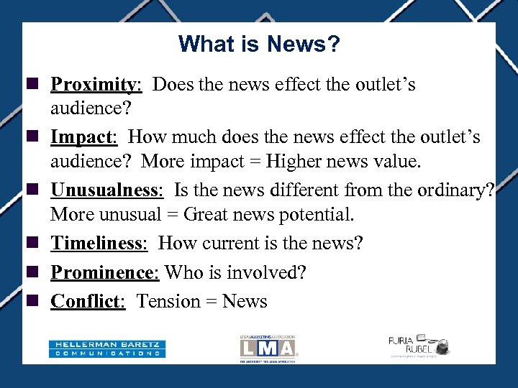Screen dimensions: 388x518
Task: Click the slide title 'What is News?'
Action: coord(259,45)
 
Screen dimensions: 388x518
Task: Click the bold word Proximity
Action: coord(95,85)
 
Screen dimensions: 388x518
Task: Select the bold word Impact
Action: coord(83,137)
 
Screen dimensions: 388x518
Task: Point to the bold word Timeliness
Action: coord(98,244)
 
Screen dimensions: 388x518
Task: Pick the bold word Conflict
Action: coord(86,302)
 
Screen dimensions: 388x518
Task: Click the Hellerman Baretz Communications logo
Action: coord(107,348)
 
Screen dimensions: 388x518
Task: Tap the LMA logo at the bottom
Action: coord(268,348)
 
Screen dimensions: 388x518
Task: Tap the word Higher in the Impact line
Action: coord(291,162)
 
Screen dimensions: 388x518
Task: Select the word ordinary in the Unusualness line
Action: coord(453,190)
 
